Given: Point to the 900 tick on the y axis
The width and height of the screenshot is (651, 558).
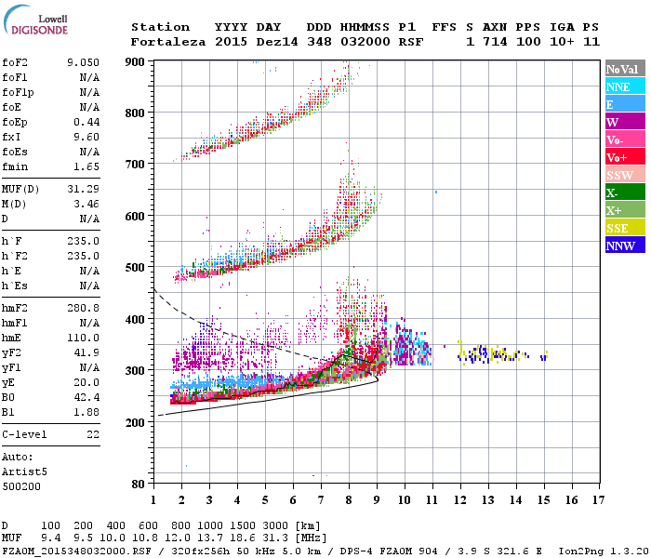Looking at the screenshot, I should (137, 61).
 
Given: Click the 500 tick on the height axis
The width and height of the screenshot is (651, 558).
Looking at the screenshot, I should (137, 268).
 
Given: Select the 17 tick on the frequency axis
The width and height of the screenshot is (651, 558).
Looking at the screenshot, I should (599, 500).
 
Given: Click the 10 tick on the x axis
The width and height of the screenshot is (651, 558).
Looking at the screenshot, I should (404, 500).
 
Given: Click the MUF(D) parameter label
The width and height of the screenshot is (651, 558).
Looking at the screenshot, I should (20, 188).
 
